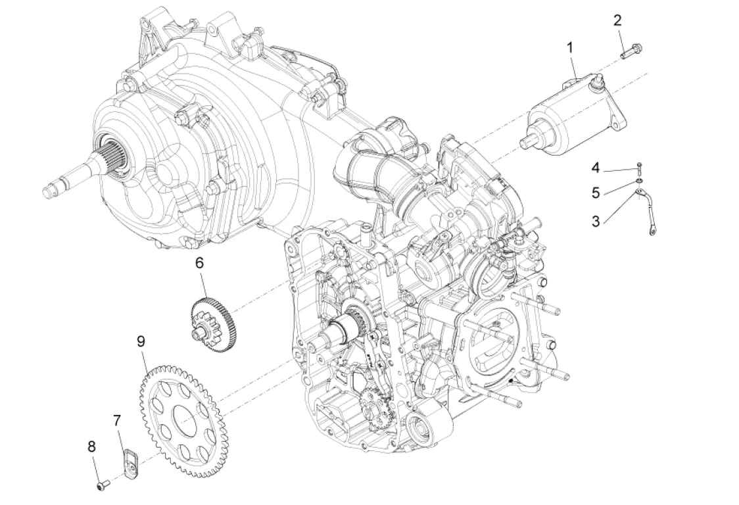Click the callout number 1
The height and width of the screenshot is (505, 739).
click(570, 47)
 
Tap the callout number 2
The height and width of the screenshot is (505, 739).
click(617, 20)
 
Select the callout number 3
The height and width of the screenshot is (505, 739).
click(596, 221)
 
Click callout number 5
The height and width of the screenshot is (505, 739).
click(596, 193)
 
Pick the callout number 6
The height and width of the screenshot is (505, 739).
click(199, 263)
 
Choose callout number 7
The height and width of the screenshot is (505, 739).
click(118, 421)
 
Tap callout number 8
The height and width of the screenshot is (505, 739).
click(91, 446)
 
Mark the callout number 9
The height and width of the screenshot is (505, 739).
click(140, 341)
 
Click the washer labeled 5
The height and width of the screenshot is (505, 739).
click(638, 180)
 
